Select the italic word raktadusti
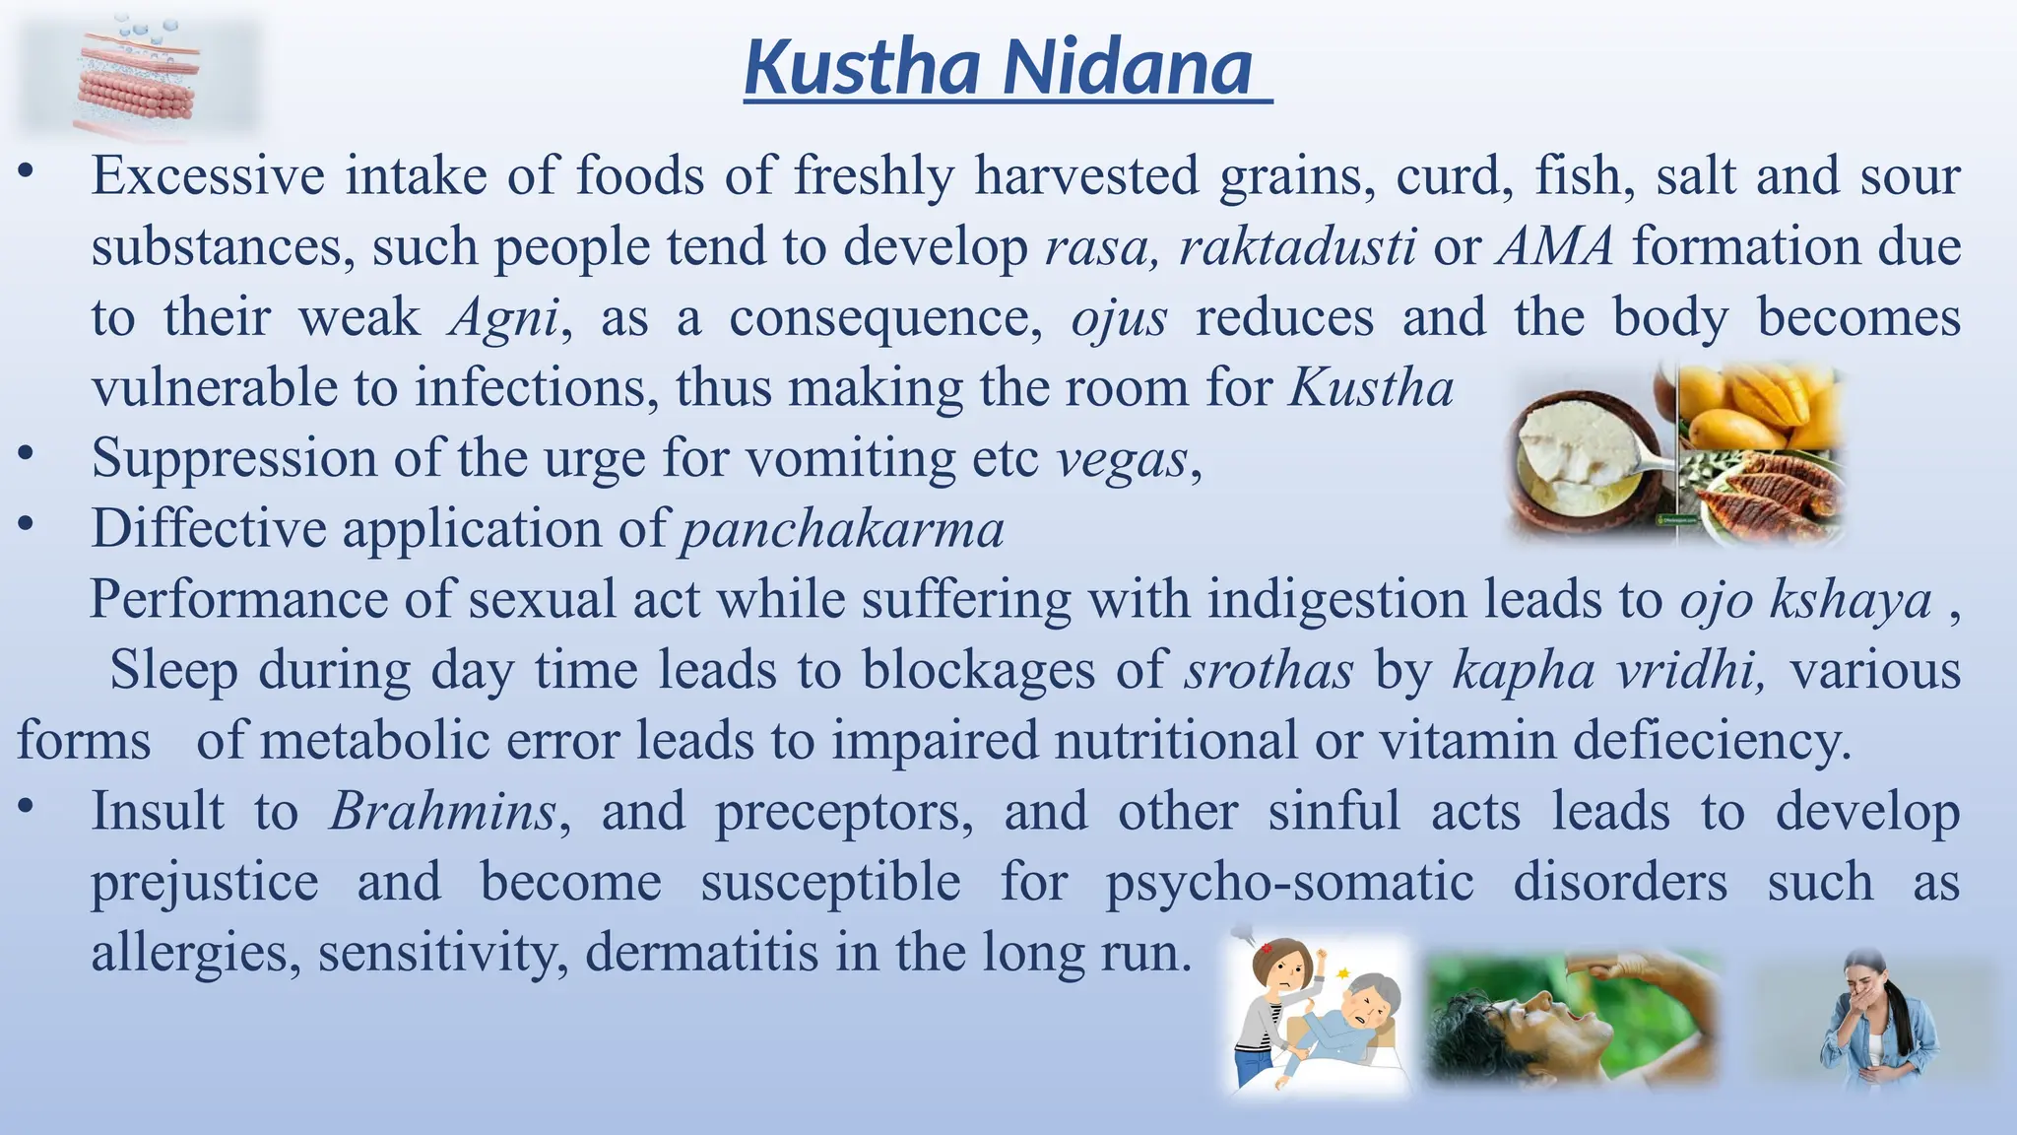1297,246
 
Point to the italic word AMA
1556,246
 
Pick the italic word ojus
1119,317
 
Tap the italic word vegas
1123,459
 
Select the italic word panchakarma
842,529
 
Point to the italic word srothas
1269,671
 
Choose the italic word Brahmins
443,812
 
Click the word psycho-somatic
1289,882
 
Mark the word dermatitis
702,953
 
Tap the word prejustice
205,882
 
